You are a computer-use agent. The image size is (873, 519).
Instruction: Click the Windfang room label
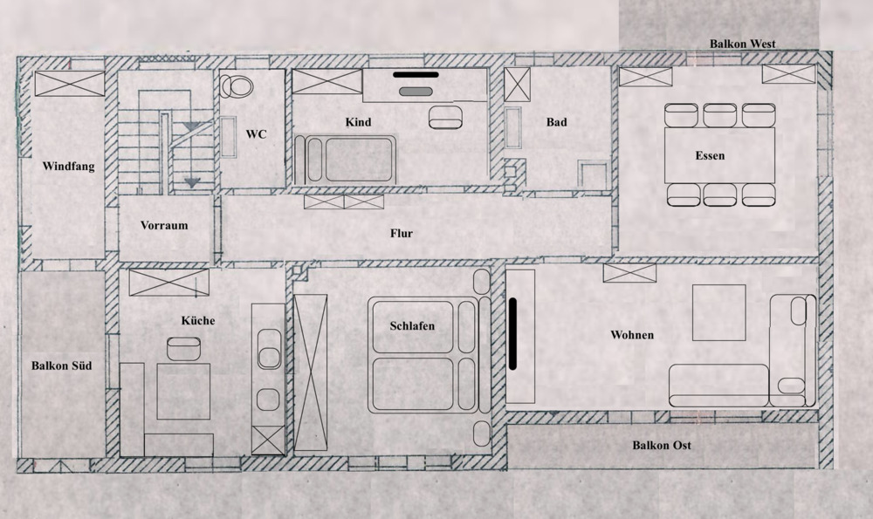(x=68, y=166)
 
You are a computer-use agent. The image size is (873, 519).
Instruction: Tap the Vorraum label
(x=164, y=225)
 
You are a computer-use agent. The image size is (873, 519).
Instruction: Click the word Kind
(x=358, y=122)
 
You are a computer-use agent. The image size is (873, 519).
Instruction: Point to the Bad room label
(x=556, y=122)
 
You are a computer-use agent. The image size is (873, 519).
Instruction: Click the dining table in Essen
(x=720, y=155)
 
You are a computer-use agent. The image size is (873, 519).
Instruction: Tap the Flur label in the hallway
(x=402, y=234)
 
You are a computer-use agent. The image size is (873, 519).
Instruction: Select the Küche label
(x=197, y=321)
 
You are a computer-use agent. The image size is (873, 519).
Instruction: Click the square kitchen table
(x=183, y=391)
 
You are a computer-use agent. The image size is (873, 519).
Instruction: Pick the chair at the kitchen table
(x=183, y=350)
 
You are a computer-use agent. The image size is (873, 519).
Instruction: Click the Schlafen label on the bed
(x=412, y=326)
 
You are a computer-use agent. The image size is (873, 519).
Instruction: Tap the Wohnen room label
(x=633, y=335)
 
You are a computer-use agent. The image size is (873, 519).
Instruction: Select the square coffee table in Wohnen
(x=720, y=312)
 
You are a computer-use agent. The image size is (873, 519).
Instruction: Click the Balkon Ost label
(x=662, y=446)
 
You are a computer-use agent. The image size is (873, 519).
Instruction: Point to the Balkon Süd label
(x=61, y=366)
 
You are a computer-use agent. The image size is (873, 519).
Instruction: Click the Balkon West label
(x=742, y=44)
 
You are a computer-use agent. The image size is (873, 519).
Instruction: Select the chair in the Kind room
(x=449, y=116)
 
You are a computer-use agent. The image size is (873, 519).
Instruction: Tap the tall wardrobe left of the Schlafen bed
(x=310, y=372)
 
